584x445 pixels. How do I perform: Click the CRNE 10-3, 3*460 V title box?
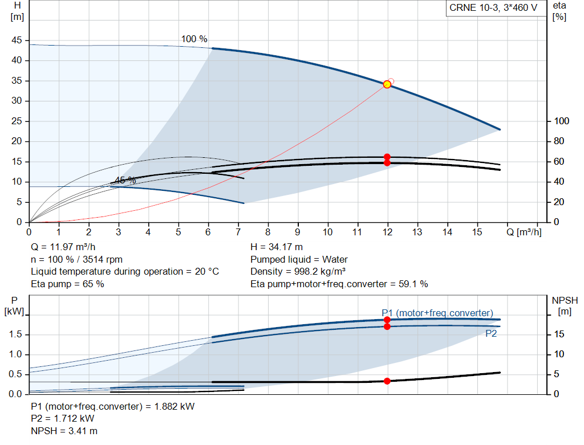pyautogui.click(x=494, y=9)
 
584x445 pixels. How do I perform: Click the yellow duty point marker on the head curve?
pyautogui.click(x=387, y=84)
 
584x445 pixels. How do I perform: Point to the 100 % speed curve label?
pyautogui.click(x=194, y=39)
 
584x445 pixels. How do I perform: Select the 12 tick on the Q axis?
pyautogui.click(x=388, y=232)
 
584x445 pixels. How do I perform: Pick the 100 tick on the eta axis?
pyautogui.click(x=562, y=121)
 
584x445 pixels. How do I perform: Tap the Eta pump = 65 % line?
pyautogui.click(x=67, y=284)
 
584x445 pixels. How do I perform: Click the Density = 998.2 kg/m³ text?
pyautogui.click(x=298, y=271)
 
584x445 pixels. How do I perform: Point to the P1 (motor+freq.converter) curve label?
pyautogui.click(x=437, y=313)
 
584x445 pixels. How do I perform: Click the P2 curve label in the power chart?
pyautogui.click(x=491, y=334)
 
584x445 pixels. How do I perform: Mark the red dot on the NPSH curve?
pyautogui.click(x=387, y=381)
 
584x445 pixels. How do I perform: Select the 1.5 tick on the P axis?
pyautogui.click(x=15, y=334)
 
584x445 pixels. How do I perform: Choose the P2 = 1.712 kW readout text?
pyautogui.click(x=63, y=419)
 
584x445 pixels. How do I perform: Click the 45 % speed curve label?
pyautogui.click(x=125, y=180)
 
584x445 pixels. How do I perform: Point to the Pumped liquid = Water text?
pyautogui.click(x=299, y=259)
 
